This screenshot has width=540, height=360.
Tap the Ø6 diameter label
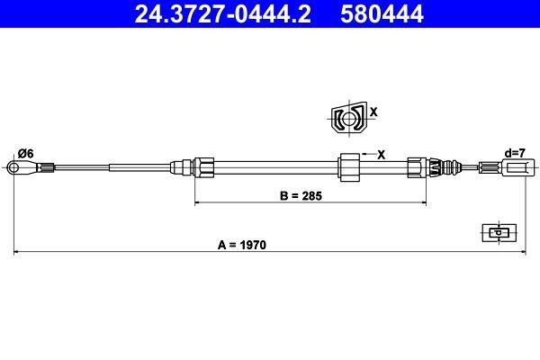[25, 153]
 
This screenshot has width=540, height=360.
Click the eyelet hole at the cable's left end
[13, 166]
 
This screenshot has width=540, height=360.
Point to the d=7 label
[516, 153]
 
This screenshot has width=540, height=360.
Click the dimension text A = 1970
[244, 244]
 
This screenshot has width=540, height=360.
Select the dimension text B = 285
[301, 194]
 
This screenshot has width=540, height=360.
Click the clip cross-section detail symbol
[346, 118]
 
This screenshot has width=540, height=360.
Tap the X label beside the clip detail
[373, 113]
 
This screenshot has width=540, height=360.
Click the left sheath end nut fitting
[204, 166]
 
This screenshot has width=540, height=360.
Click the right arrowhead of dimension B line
[423, 204]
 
